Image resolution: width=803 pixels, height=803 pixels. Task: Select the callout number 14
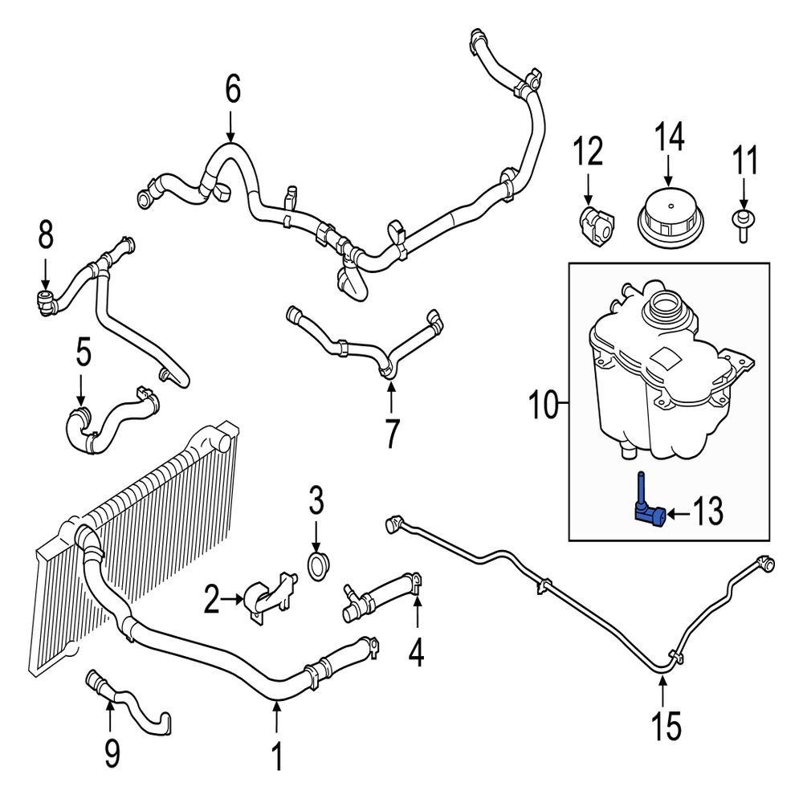click(668, 137)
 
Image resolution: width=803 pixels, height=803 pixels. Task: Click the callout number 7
click(391, 434)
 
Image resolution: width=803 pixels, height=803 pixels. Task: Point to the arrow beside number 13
click(680, 512)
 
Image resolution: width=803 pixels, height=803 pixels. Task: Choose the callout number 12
click(587, 151)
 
